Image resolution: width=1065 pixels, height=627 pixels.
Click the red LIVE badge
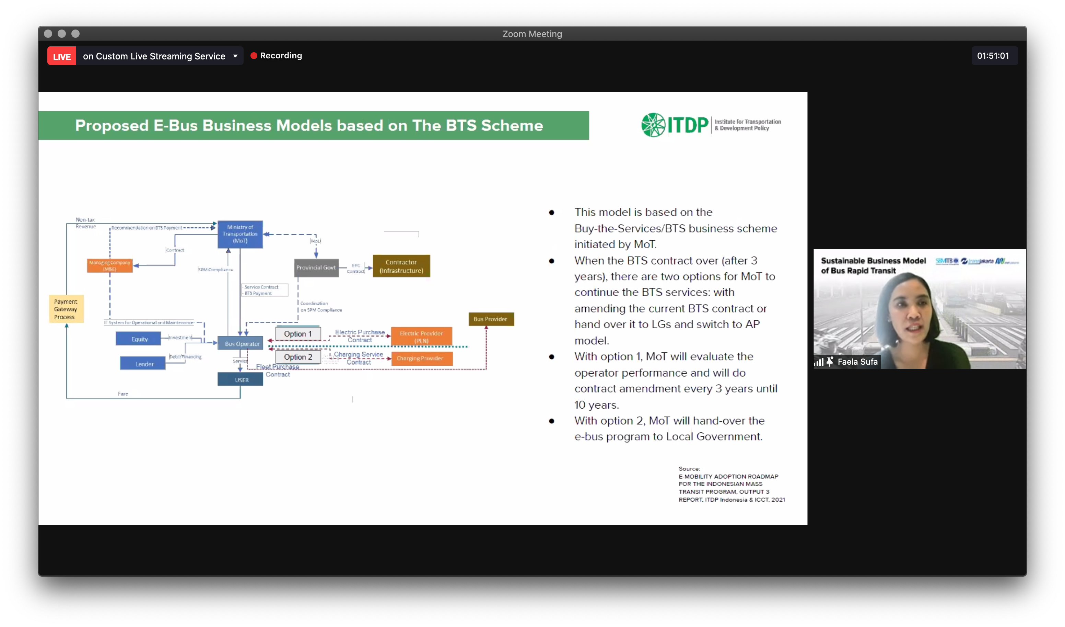coord(62,56)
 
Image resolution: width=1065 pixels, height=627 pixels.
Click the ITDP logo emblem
coord(653,125)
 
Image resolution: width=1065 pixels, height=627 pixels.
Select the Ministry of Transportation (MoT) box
coord(240,234)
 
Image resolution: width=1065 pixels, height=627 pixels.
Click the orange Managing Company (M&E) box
coord(110,266)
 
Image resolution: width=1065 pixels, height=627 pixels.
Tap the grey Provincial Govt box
coord(316,268)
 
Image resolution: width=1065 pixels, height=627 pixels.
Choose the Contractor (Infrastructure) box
coord(401,266)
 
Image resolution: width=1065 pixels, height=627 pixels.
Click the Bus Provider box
coord(491,319)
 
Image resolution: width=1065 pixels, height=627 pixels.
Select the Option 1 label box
coord(298,334)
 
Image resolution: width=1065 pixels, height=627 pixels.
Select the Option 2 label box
coord(298,357)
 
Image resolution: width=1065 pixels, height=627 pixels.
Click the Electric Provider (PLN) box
coord(421,337)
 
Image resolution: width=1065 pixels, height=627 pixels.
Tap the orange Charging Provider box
coord(421,358)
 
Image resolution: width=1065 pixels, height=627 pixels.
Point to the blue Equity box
coord(139,339)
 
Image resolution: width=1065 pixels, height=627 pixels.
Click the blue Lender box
coord(144,363)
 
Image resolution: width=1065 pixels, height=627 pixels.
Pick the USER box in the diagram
coord(241,380)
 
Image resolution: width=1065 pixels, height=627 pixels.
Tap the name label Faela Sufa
coord(857,362)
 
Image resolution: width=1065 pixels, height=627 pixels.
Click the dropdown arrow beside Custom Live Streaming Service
coord(235,56)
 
